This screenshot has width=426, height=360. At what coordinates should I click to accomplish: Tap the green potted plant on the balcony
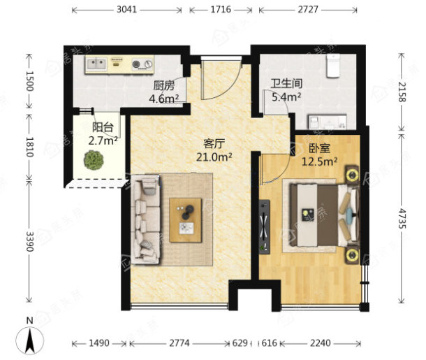point(94,160)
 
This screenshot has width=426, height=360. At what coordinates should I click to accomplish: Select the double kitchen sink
point(96,64)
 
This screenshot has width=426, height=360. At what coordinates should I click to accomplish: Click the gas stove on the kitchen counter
point(142,64)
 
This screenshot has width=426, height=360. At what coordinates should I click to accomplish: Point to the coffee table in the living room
point(186,220)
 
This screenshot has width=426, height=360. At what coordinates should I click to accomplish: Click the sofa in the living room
point(145,219)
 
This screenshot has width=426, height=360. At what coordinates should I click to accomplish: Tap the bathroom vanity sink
point(327,122)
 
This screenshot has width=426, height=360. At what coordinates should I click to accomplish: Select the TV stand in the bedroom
point(264,226)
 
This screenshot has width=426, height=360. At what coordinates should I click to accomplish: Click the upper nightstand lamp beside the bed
point(352,175)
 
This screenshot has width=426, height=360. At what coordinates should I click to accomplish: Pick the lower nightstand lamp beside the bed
point(352,254)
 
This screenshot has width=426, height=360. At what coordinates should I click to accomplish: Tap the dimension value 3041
point(127,10)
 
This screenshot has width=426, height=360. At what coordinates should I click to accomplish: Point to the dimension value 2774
point(179,343)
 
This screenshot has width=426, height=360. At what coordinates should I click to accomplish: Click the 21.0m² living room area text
point(214,157)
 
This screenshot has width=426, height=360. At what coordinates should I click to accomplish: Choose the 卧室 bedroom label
point(320,148)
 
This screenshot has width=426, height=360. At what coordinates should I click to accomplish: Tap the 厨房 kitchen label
point(164,86)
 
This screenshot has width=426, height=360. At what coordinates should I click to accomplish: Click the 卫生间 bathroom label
point(286,84)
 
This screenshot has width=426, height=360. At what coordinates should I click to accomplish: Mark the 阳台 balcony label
point(103,127)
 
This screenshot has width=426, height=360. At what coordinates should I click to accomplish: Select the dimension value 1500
point(29,81)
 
